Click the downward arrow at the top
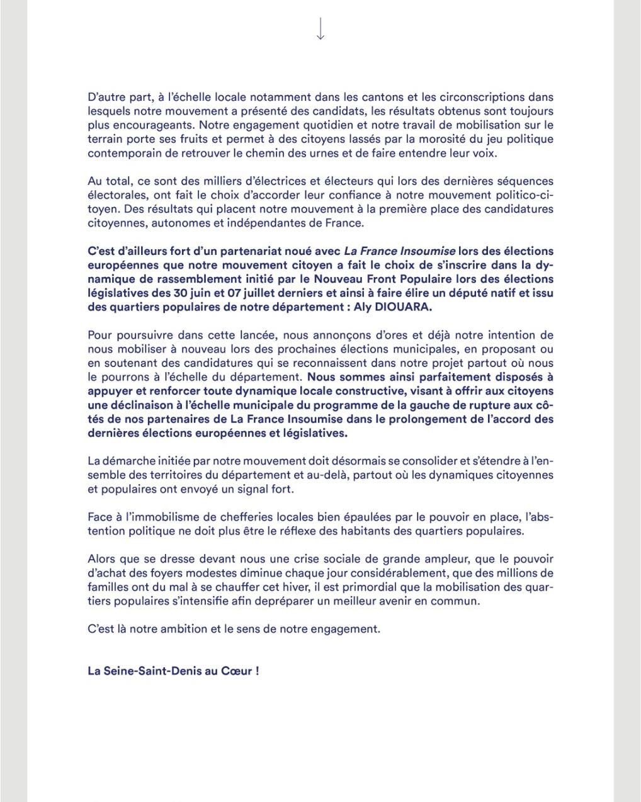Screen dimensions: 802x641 pos(320,29)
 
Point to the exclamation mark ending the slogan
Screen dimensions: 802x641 pos(257,670)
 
